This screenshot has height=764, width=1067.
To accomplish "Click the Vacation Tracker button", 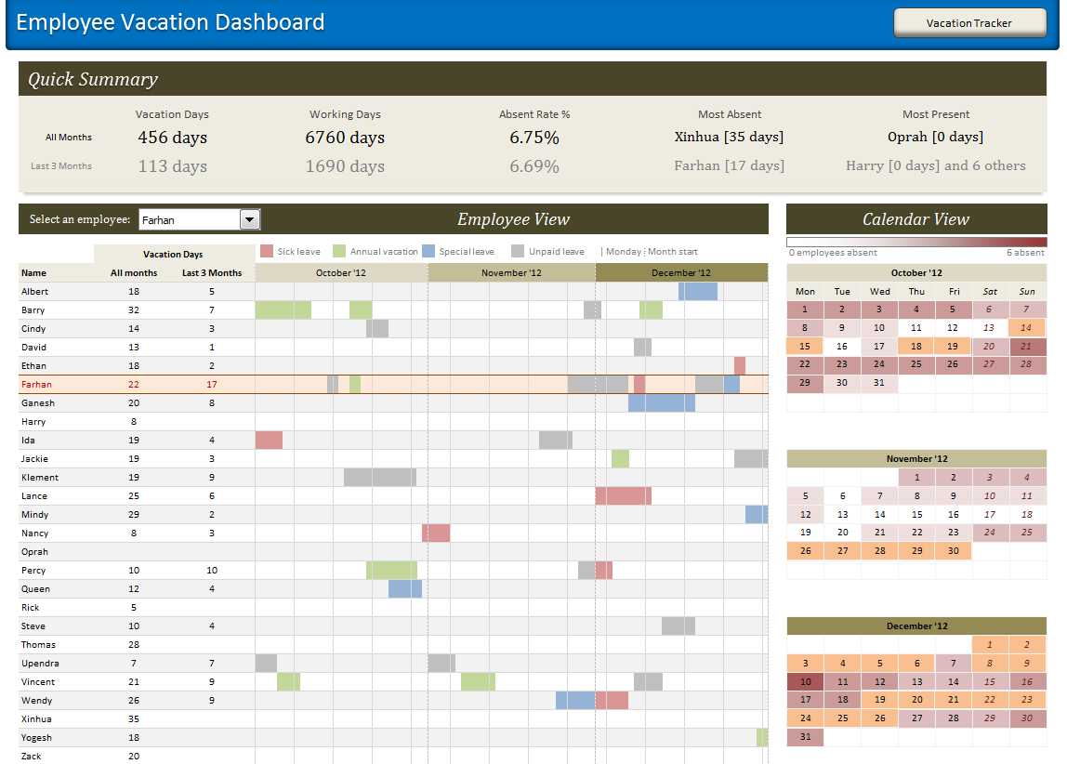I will click(969, 23).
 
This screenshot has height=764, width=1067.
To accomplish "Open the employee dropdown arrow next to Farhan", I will click(250, 219).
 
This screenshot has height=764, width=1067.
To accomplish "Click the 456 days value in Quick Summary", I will click(172, 138).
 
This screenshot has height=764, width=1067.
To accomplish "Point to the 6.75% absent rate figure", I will click(534, 138).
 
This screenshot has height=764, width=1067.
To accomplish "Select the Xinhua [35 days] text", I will click(729, 137).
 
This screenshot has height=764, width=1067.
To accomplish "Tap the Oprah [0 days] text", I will click(935, 137).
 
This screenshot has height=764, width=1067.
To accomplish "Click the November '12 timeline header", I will click(511, 272).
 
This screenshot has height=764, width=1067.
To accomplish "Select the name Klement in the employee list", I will click(40, 477).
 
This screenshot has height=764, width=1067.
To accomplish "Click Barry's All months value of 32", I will click(134, 310).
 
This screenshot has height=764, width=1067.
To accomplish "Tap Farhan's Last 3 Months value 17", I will click(212, 384).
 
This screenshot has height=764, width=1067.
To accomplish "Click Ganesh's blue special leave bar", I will click(661, 402).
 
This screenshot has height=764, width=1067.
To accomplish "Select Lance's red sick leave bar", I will click(623, 495).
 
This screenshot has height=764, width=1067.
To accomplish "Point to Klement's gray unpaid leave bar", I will click(379, 477).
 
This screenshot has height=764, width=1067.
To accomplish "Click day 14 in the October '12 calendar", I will click(1026, 327).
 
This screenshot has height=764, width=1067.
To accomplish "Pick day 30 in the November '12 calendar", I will click(953, 550).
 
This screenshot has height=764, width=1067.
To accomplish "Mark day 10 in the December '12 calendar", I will click(805, 681).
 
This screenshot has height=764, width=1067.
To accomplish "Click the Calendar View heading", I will click(916, 219).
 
